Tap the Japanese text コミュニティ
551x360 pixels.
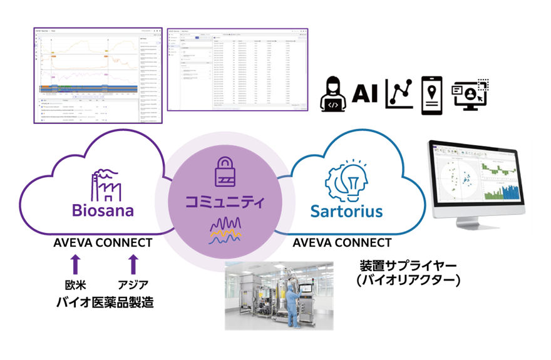[x=225, y=202]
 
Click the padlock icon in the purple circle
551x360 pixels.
[x=225, y=171]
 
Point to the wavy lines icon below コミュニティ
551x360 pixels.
[x=225, y=230]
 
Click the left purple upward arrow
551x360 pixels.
[x=76, y=264]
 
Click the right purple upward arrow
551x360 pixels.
[x=133, y=264]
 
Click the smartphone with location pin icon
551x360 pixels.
[x=433, y=94]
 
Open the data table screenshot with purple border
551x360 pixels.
[x=237, y=69]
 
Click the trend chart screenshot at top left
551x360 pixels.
[x=98, y=75]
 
